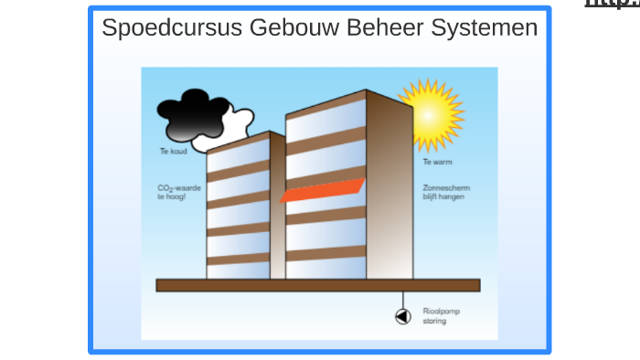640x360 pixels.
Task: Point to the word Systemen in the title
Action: [485, 28]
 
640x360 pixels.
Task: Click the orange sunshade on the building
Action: [322, 190]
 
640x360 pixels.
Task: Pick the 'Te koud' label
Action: [173, 151]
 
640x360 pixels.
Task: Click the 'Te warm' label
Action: [436, 162]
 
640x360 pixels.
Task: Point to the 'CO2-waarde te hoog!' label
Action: [178, 192]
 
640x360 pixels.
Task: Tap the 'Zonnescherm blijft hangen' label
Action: [445, 192]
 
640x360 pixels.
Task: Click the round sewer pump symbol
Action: [403, 316]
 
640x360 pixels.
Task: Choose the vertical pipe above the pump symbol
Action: [403, 300]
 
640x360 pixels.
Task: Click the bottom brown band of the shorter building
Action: [238, 259]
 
